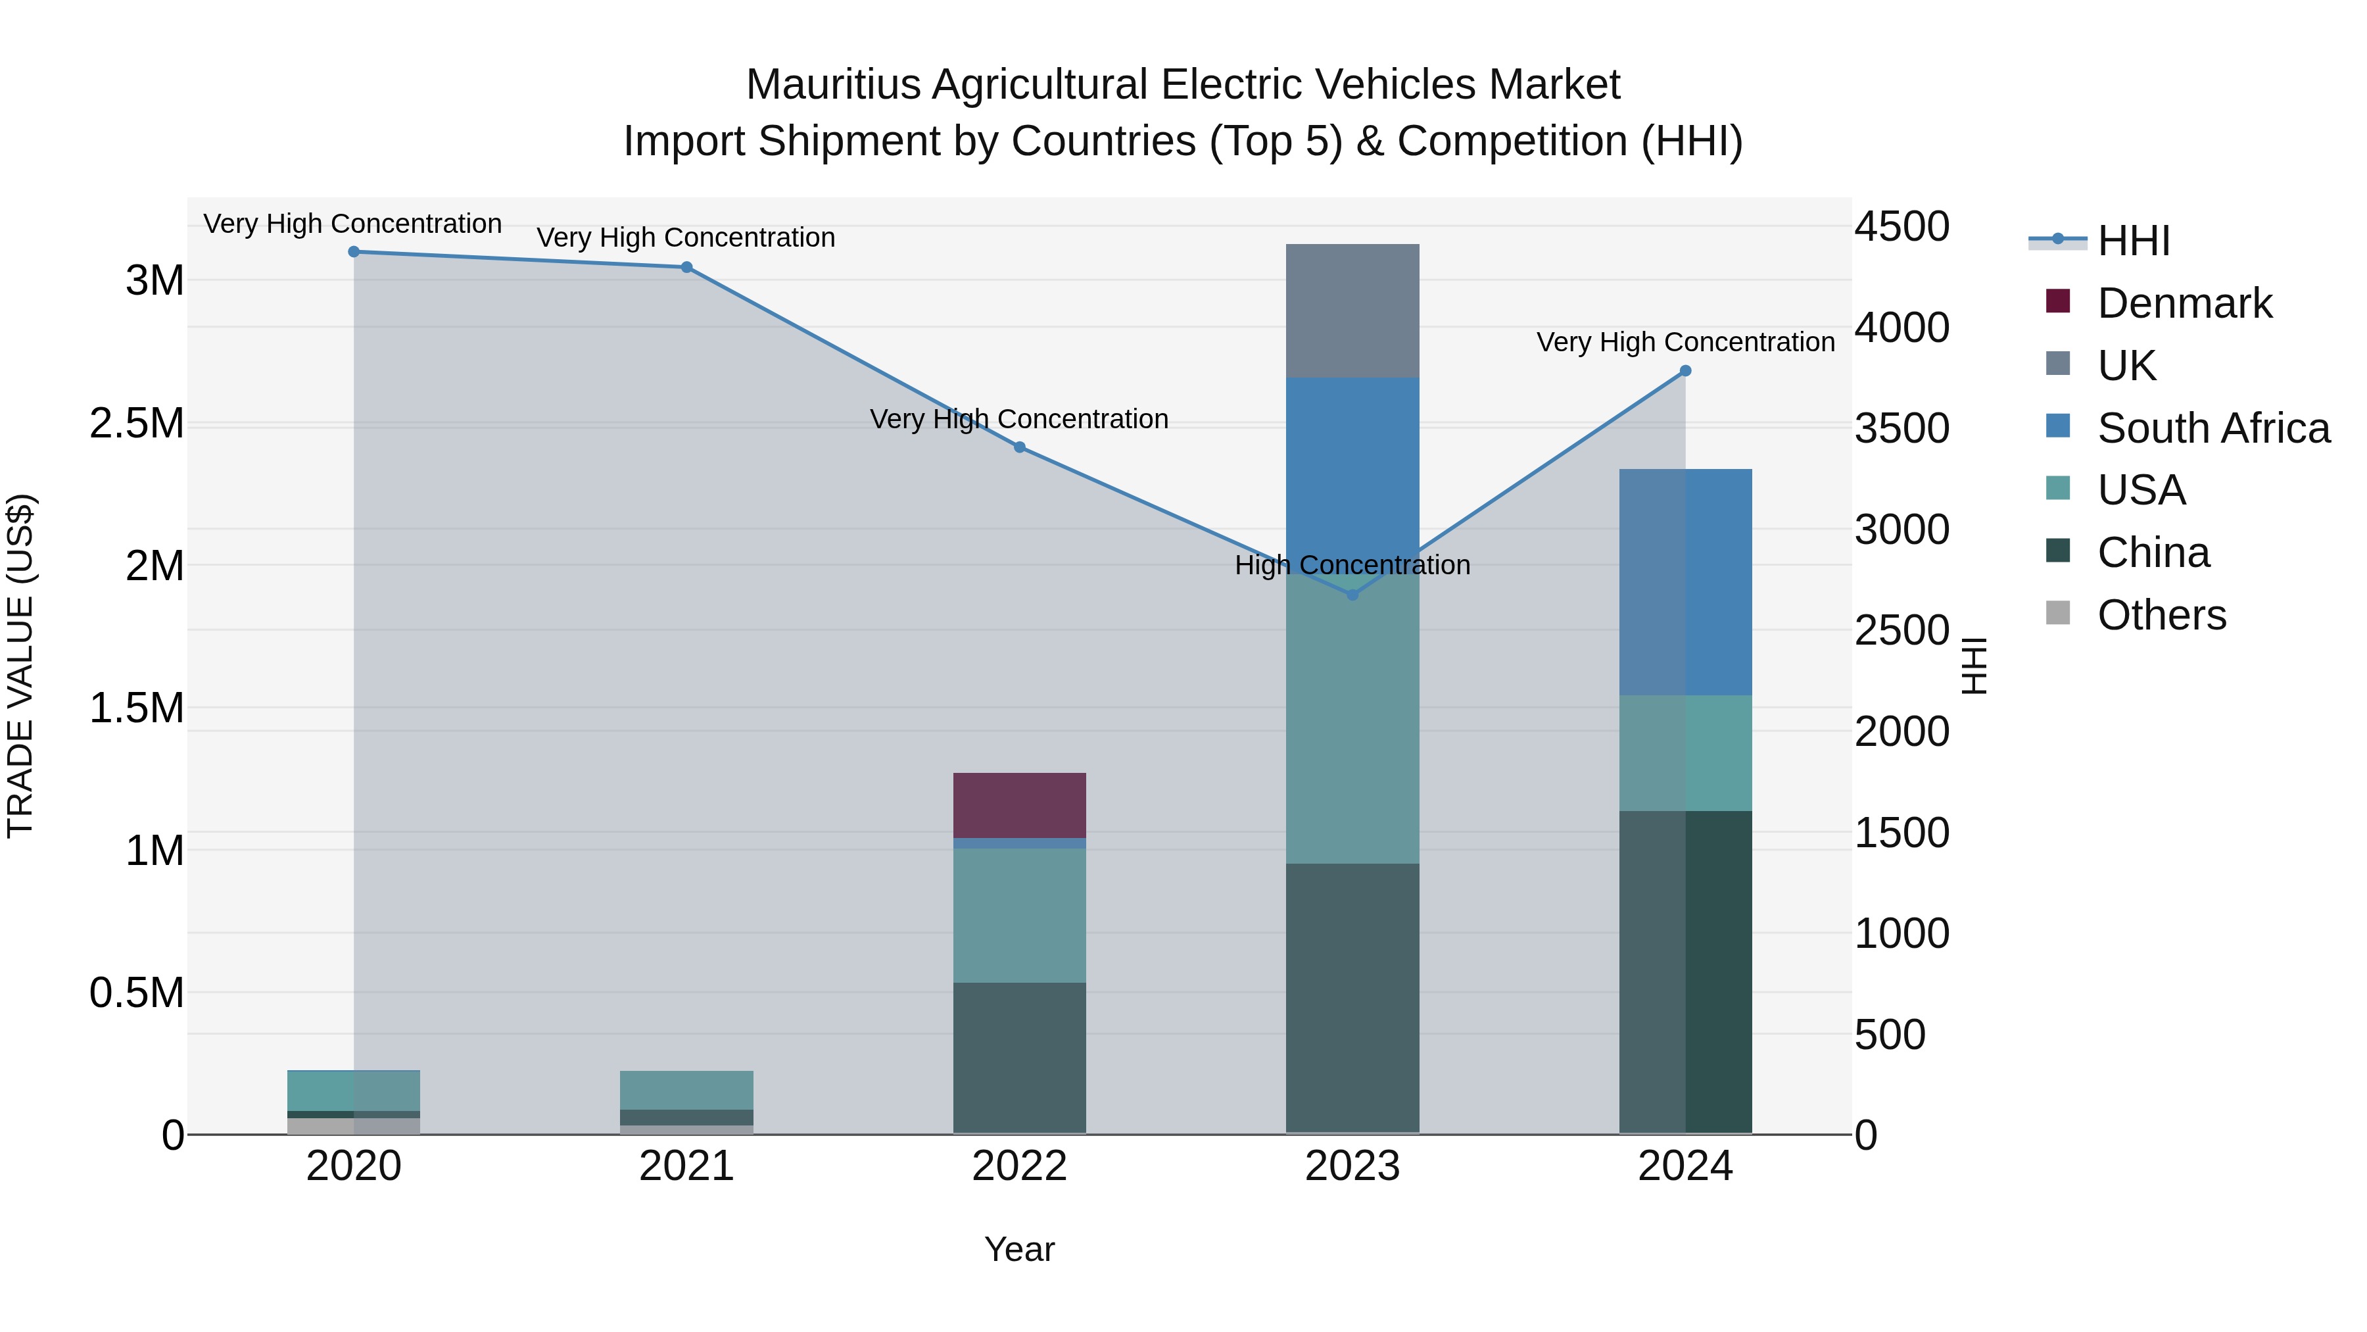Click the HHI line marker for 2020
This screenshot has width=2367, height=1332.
(x=354, y=252)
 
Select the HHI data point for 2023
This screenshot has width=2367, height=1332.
(x=1352, y=595)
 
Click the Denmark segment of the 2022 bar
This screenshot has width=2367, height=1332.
(x=1019, y=805)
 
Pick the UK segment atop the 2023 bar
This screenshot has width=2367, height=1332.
(x=1352, y=310)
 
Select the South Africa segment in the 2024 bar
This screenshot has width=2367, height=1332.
(x=1685, y=582)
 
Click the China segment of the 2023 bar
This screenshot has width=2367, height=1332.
(x=1352, y=997)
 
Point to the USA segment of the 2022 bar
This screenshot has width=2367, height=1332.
(x=1019, y=916)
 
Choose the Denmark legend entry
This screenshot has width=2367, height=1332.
(x=2184, y=303)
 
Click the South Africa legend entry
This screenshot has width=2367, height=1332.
(x=2212, y=428)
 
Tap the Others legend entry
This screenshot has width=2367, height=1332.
(x=2161, y=615)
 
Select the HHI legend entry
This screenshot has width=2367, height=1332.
(x=2133, y=241)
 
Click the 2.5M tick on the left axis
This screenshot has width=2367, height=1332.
(x=137, y=424)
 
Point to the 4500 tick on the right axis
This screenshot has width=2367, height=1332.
(x=1901, y=227)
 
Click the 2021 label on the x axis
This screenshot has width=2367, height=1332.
(x=686, y=1166)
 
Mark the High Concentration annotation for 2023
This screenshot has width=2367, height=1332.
(x=1352, y=565)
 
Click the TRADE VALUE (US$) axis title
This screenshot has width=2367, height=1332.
(x=20, y=666)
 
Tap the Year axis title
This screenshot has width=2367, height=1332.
(x=1019, y=1249)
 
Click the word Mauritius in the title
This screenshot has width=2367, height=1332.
(x=832, y=85)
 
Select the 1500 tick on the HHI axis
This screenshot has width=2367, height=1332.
(x=1901, y=833)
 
